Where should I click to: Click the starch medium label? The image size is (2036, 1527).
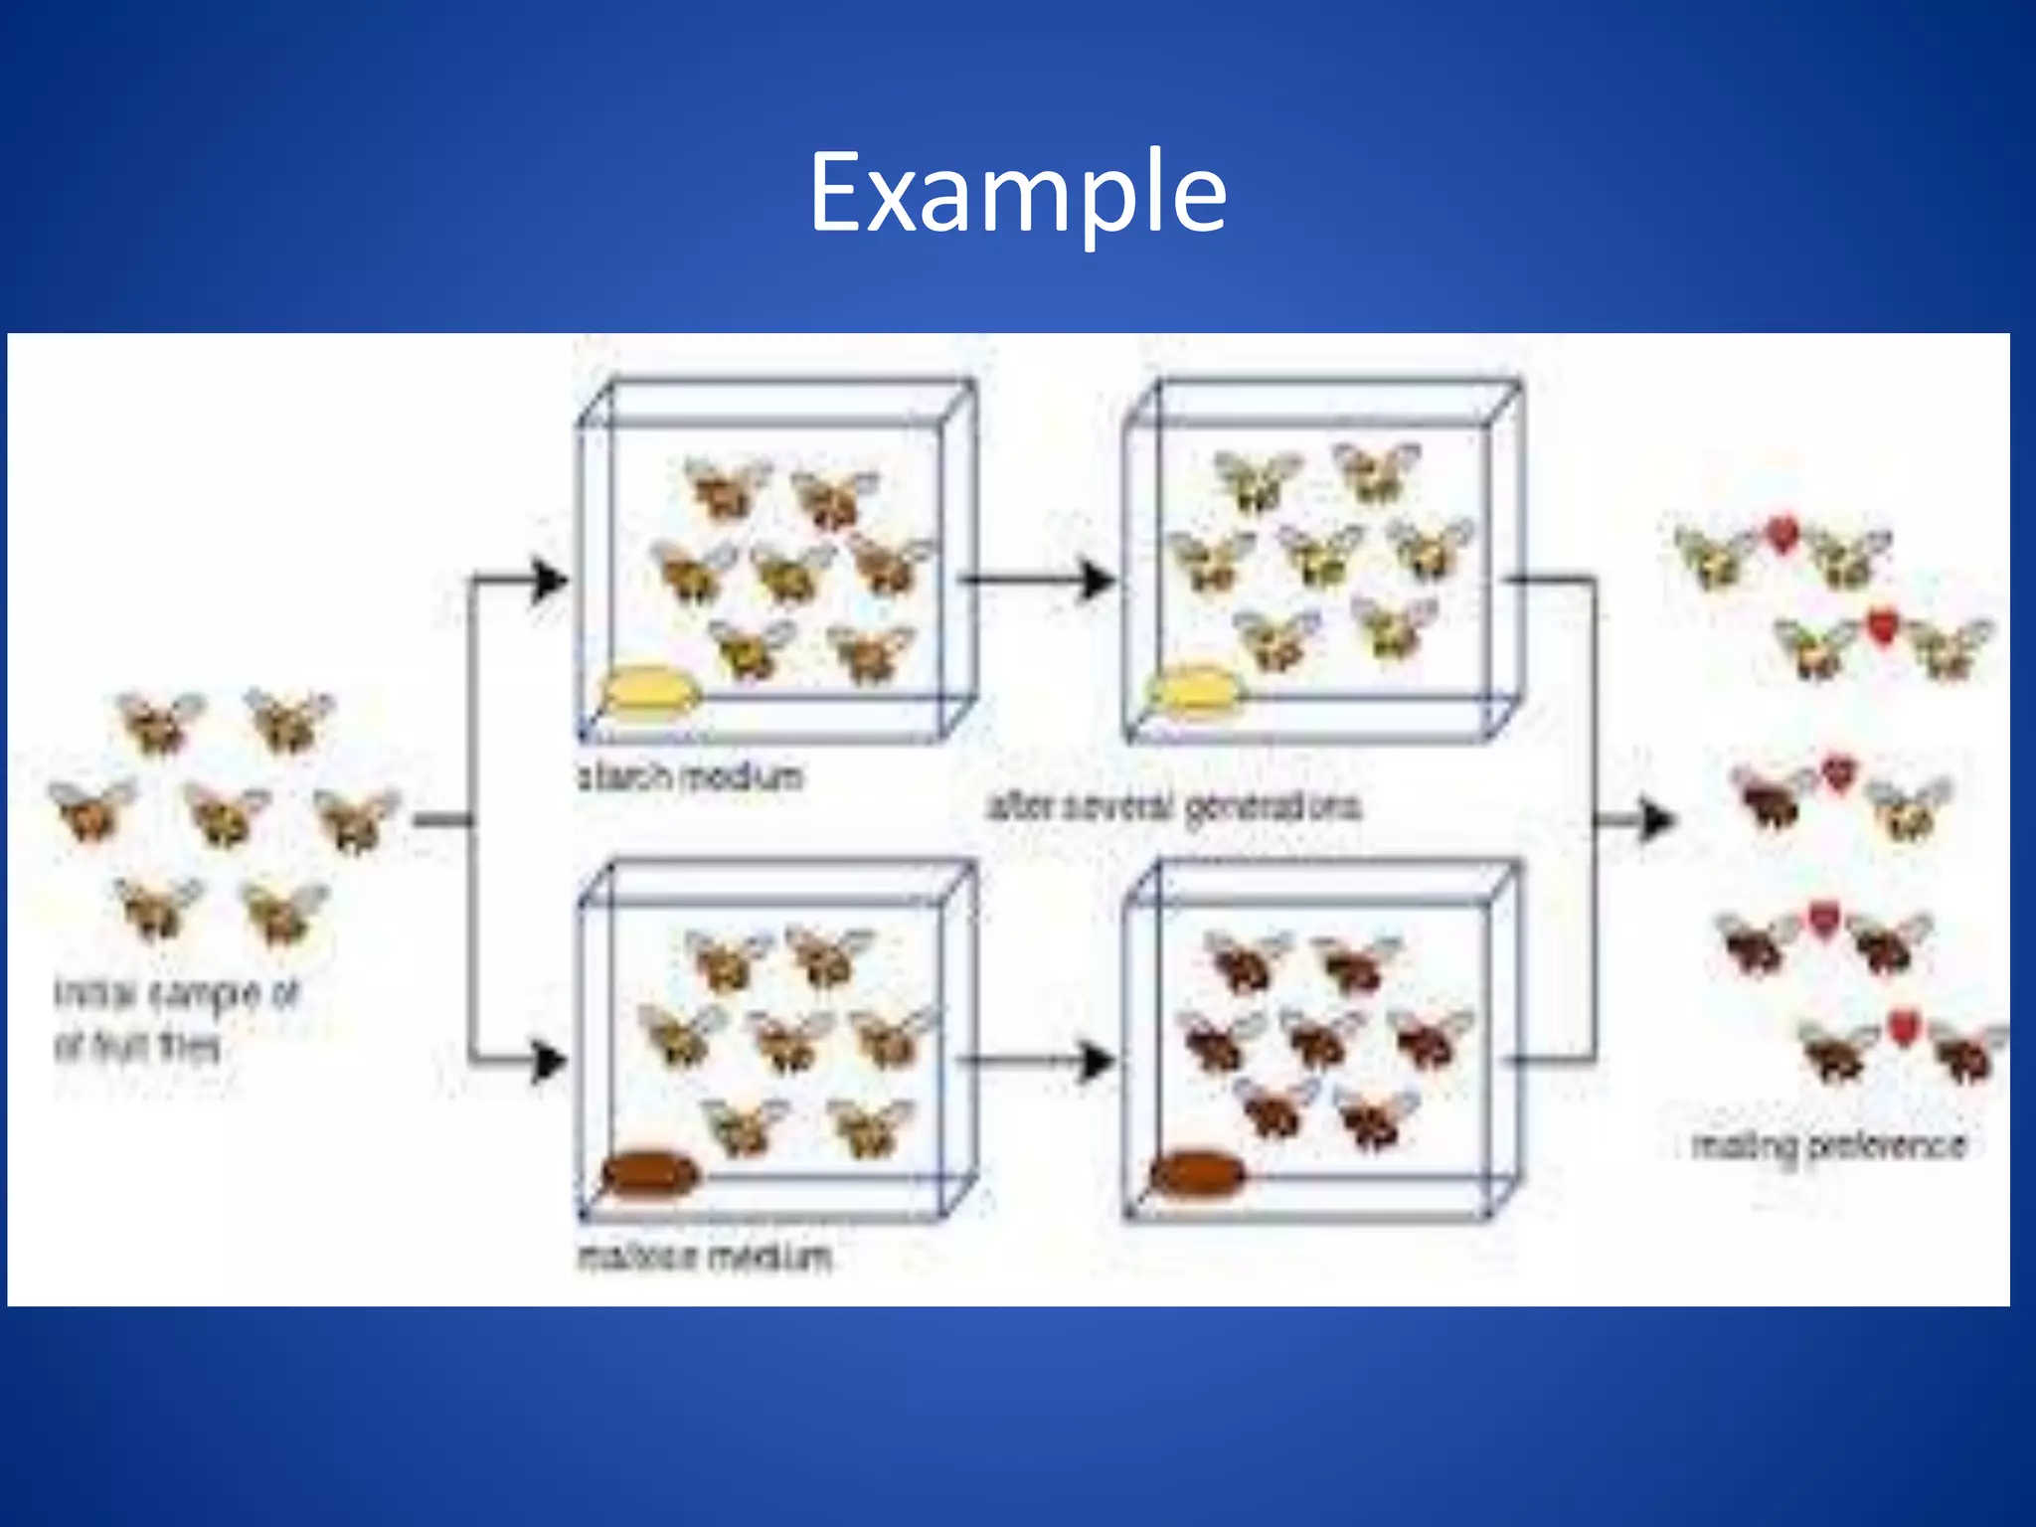point(691,776)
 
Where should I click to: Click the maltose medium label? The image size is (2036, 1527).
point(704,1258)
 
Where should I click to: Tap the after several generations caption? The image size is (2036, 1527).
point(1174,806)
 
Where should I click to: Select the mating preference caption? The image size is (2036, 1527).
point(1829,1146)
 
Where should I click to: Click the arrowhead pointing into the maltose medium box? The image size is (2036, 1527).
point(550,1061)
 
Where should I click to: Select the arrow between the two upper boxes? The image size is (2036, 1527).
point(1039,580)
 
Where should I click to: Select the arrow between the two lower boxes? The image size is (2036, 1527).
point(1039,1061)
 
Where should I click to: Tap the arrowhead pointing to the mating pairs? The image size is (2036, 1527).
point(1655,820)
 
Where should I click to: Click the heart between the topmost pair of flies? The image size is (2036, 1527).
point(1782,535)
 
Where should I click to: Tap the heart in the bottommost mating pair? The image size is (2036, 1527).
point(1902,1026)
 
